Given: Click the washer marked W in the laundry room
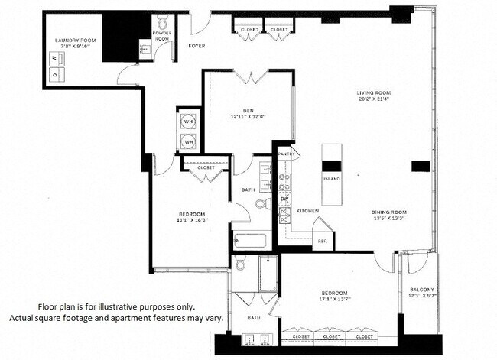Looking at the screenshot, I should point(54,58).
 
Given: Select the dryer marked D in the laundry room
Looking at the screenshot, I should point(54,74).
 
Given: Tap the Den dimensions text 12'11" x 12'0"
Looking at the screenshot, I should point(248,117).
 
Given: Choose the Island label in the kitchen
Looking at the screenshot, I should point(332,179).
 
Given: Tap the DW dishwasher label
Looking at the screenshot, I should point(284,198).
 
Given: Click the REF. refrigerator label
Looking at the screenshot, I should point(322,242).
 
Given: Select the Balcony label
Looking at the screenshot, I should point(421,289).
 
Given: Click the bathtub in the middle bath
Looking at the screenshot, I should point(250,242).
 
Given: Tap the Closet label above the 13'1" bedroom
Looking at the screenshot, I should point(206,167).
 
